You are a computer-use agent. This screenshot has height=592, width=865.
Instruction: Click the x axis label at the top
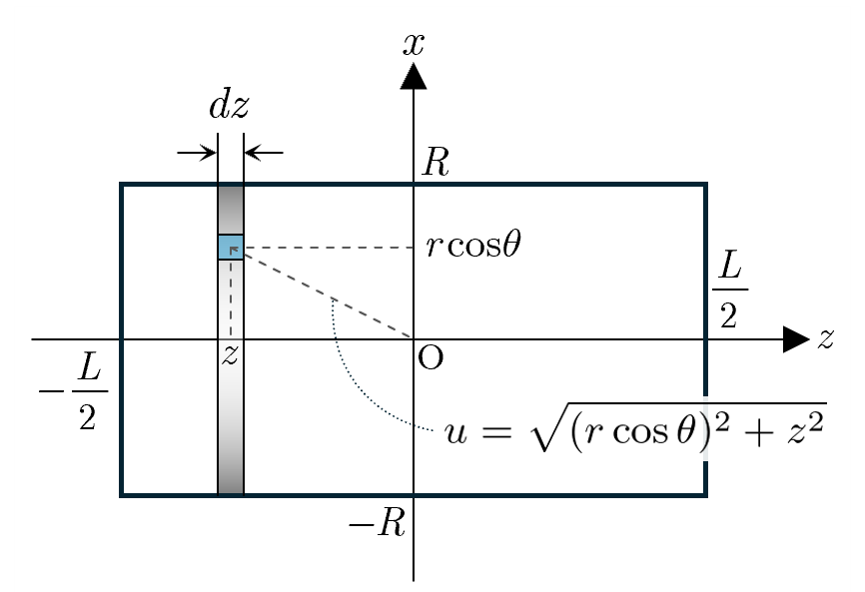point(414,44)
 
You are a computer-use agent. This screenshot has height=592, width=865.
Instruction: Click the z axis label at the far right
point(825,338)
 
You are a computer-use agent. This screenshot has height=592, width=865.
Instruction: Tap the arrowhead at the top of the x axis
point(414,76)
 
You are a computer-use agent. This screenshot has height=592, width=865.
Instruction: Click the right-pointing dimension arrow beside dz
point(197,152)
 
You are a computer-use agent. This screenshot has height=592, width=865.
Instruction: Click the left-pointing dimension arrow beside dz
point(264,152)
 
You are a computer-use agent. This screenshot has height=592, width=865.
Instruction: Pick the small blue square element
point(231,247)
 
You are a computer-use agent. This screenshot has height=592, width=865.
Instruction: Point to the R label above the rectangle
point(435,162)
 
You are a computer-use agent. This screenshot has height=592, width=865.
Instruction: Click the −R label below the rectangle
point(378,522)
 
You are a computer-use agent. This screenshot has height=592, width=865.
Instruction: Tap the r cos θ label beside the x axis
point(473,245)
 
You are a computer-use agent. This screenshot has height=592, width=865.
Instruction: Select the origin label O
point(431,358)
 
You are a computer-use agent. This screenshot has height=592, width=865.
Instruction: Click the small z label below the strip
point(230,355)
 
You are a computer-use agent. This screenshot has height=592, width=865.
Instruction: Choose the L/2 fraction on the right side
point(729,289)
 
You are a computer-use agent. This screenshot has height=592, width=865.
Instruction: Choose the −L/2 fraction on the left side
point(74,391)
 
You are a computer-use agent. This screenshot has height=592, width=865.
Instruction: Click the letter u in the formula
point(455,432)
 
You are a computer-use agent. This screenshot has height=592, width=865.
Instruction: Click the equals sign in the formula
point(496,432)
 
